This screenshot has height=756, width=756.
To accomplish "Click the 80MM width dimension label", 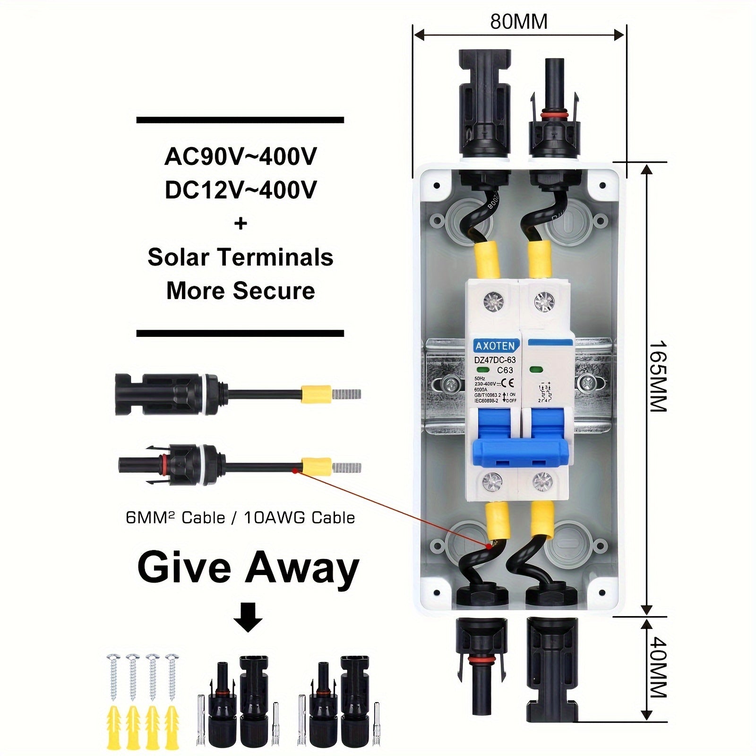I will click(519, 22).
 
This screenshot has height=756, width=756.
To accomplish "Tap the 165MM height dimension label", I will click(657, 376).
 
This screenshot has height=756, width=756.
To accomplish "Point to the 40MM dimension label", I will click(657, 668).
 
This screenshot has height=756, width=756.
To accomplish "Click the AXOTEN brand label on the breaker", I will click(495, 346).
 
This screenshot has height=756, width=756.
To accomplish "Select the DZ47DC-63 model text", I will click(495, 360).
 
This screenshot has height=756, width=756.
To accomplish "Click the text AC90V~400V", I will click(241, 157).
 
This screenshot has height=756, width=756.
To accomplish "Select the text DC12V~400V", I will click(241, 190).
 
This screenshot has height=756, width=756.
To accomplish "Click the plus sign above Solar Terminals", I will click(241, 223).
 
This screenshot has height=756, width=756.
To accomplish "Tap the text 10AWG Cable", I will click(300, 518).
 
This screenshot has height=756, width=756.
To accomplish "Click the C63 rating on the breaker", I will click(505, 370).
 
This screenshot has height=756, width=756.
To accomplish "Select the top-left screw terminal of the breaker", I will click(494, 300).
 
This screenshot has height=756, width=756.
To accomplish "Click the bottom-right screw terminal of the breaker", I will click(542, 482).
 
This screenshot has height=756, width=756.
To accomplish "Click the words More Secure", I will click(241, 291).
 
